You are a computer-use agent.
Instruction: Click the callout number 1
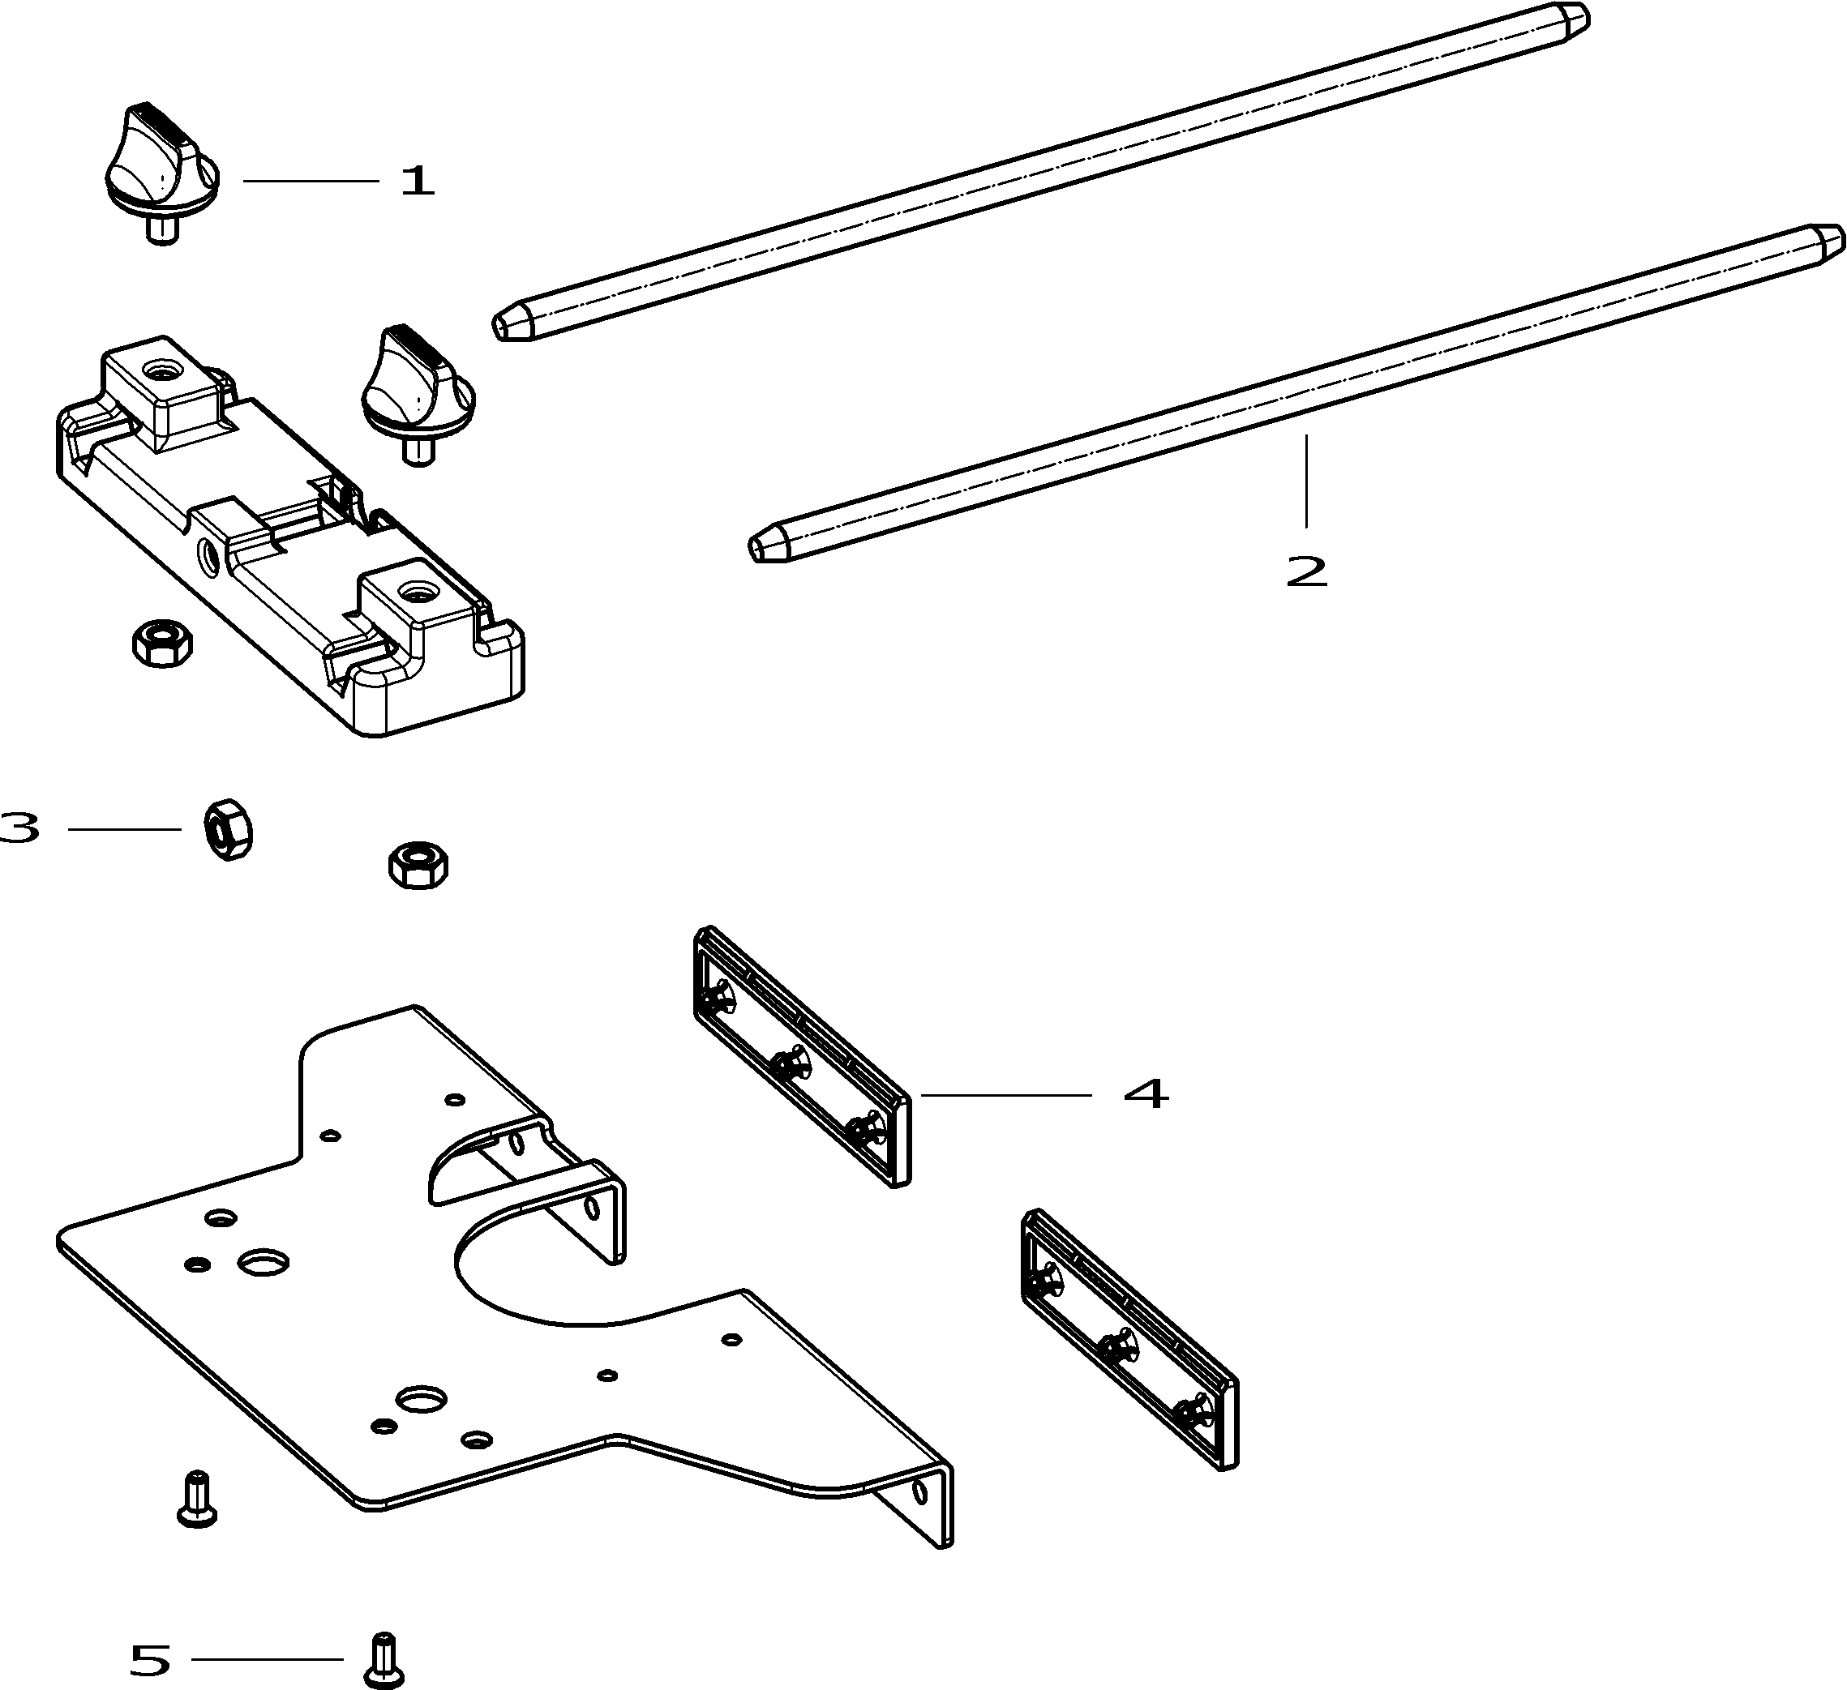point(418,182)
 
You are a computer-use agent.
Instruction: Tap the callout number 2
point(1306,571)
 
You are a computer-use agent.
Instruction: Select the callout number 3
point(20,828)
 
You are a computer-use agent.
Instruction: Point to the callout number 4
point(1145,1093)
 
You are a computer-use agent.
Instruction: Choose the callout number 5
point(150,1659)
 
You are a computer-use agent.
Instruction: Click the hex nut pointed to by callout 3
point(227,828)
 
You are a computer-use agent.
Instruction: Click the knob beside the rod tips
point(418,390)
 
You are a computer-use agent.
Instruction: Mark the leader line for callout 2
point(1306,480)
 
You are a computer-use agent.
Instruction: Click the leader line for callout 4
point(1006,1094)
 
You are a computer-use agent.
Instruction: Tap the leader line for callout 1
point(311,182)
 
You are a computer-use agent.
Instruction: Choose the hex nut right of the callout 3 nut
point(418,864)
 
